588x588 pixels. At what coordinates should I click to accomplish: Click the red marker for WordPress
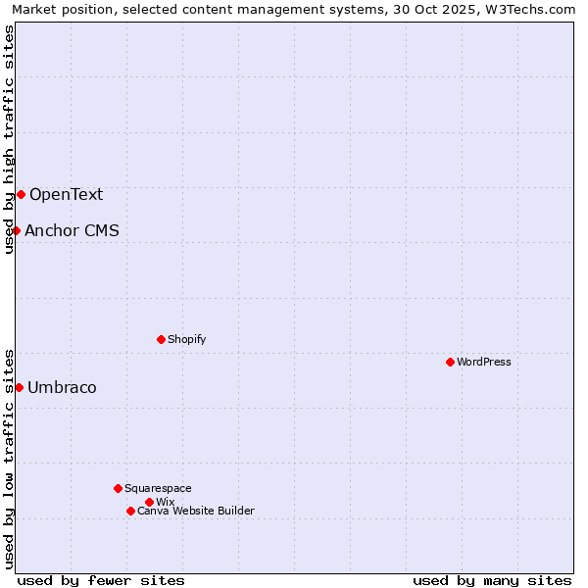(450, 362)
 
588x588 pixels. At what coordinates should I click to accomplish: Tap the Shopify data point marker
(161, 339)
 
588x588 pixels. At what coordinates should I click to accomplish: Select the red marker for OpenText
(21, 194)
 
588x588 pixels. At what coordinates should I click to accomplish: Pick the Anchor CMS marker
(16, 230)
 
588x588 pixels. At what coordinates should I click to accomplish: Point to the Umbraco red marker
(19, 387)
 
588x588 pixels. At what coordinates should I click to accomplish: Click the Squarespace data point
(118, 488)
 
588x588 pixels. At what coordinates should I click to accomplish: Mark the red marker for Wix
(149, 502)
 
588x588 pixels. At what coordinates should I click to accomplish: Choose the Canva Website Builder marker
(130, 511)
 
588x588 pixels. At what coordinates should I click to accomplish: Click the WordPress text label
(484, 362)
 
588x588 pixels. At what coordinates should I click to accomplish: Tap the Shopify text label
(187, 339)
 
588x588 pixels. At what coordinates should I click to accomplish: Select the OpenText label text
(66, 194)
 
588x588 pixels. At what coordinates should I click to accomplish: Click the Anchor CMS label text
(72, 230)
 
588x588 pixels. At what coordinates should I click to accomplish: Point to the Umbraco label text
(62, 387)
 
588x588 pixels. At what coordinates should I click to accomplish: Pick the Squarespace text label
(158, 488)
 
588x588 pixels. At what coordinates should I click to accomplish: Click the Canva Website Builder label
(196, 511)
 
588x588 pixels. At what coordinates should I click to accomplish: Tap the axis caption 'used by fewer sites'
(101, 580)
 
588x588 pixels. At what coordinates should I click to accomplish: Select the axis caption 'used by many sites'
(492, 580)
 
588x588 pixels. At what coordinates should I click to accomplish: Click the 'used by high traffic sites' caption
(9, 139)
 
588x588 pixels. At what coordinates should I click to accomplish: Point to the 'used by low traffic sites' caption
(9, 458)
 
